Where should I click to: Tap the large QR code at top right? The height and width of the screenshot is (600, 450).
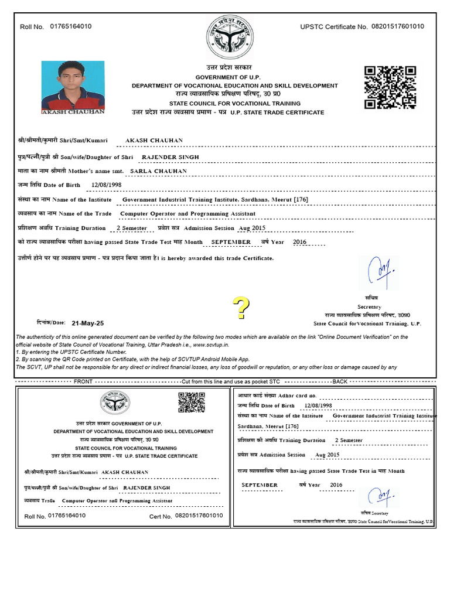pyautogui.click(x=390, y=88)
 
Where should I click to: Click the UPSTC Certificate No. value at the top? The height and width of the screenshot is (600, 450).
pyautogui.click(x=398, y=26)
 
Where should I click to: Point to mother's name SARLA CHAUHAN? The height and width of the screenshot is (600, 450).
pyautogui.click(x=158, y=171)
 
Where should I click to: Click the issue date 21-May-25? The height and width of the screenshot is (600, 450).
pyautogui.click(x=87, y=323)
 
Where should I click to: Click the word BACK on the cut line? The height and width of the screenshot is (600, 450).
pyautogui.click(x=340, y=381)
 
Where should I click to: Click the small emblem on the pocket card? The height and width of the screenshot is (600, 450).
pyautogui.click(x=114, y=404)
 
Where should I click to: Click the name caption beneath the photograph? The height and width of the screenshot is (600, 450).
pyautogui.click(x=73, y=111)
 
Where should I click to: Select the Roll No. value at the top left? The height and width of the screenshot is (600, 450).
pyautogui.click(x=71, y=26)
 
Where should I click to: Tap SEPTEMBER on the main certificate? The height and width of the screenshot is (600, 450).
pyautogui.click(x=230, y=241)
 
